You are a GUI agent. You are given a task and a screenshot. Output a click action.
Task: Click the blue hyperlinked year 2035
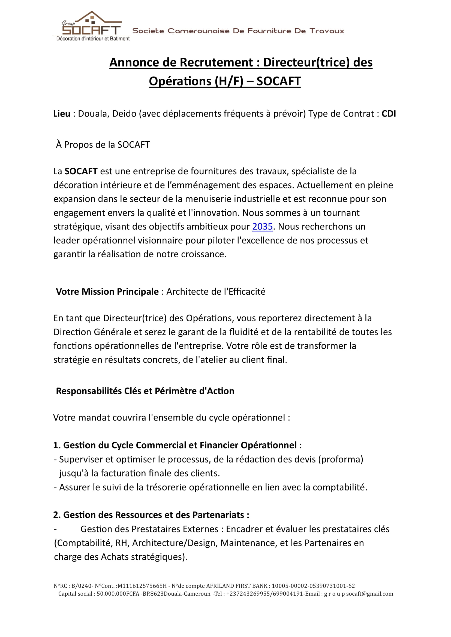click(x=262, y=227)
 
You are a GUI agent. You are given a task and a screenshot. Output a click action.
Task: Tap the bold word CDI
click(x=389, y=114)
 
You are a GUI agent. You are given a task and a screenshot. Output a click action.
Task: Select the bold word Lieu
click(x=62, y=114)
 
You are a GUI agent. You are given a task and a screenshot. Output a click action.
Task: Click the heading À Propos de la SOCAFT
click(x=103, y=145)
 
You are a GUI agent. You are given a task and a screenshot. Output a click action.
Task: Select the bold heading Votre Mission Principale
click(x=107, y=292)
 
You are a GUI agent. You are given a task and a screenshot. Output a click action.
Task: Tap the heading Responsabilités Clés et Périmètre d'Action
click(x=145, y=391)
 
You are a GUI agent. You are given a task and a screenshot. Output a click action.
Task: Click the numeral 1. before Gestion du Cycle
click(x=57, y=445)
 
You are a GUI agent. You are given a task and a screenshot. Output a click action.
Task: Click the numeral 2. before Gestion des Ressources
click(x=57, y=515)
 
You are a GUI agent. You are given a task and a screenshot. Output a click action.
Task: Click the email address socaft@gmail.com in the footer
click(x=370, y=594)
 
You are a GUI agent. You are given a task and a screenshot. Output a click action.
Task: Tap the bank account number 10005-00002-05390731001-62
click(x=313, y=586)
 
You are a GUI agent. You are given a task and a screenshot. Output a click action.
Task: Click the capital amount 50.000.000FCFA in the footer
click(x=118, y=594)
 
